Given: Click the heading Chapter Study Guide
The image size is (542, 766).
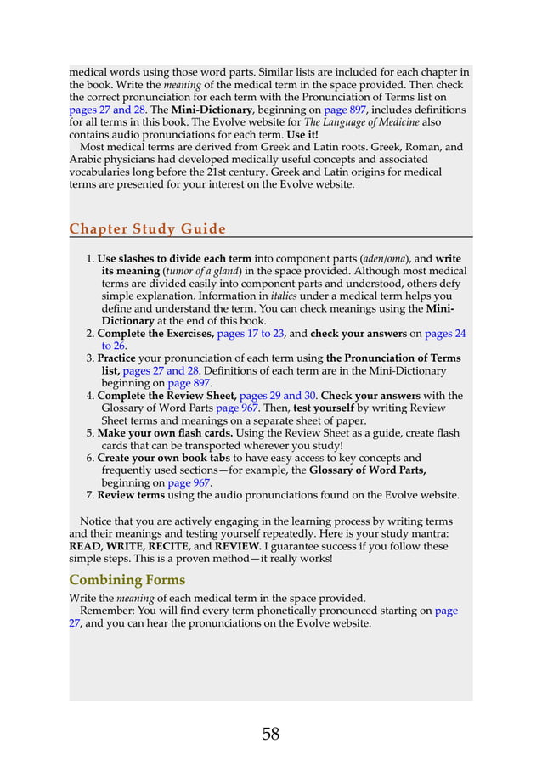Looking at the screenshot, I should coord(147,228).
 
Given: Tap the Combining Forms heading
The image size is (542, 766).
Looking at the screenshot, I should coord(127,580).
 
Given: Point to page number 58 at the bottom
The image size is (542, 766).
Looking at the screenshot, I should coord(270,735).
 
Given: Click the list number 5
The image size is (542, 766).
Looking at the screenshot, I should coord(89,433).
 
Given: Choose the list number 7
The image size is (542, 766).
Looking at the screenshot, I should coord(89,495).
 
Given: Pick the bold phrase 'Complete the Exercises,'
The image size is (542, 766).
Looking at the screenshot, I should coord(155,334).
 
